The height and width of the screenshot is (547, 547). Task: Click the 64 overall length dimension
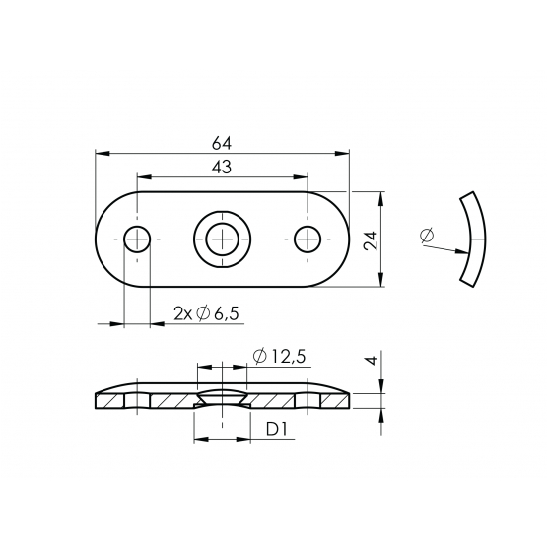coord(222,143)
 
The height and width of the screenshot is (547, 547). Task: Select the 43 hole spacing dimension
coord(222,168)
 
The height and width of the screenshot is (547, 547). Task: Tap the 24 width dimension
coord(371,240)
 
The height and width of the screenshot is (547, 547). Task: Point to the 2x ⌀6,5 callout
coord(207,313)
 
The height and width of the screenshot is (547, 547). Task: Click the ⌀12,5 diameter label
coord(280,356)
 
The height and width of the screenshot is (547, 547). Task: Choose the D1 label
coord(276,429)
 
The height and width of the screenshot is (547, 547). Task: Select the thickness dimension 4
coord(373,360)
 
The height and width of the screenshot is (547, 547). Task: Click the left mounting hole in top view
coord(137,239)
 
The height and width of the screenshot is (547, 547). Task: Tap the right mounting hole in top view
coord(308,239)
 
